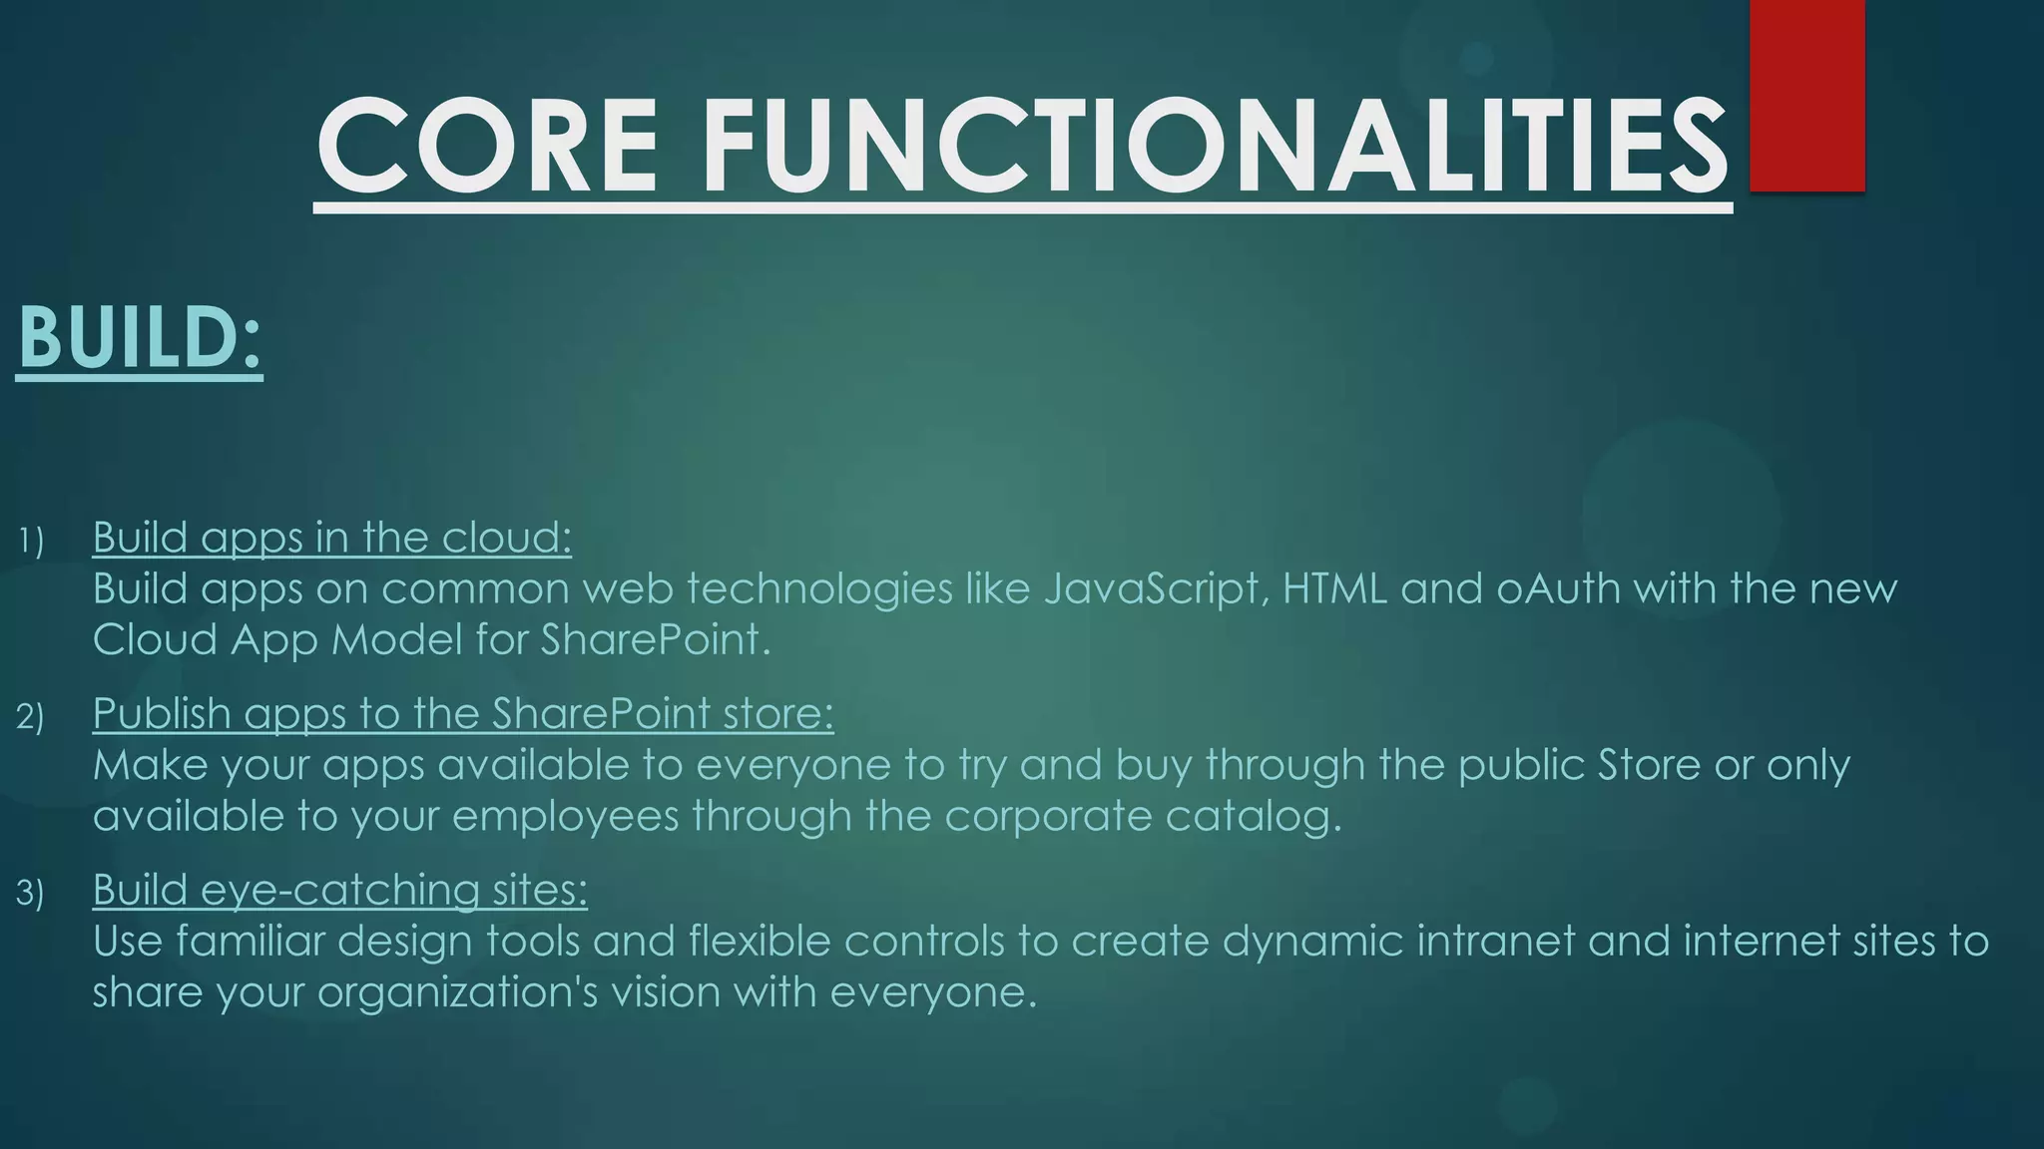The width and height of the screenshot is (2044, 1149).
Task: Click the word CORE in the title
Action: coord(487,146)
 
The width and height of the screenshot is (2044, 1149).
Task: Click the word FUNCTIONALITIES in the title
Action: coord(1215,146)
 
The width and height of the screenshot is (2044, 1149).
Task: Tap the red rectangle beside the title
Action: coord(1806,96)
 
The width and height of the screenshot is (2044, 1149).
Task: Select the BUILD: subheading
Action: coord(140,337)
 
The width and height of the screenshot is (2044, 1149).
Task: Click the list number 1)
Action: coord(31,542)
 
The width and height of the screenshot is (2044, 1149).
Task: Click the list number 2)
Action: coord(31,717)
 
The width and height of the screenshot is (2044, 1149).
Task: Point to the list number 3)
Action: coord(31,893)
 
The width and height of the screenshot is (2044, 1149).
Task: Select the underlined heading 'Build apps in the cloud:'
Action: coord(332,538)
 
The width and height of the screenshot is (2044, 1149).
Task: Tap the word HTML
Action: coord(1334,588)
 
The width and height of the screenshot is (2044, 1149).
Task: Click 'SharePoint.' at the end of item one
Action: coord(656,639)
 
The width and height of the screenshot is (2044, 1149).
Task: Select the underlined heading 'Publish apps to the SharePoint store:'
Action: coord(463,713)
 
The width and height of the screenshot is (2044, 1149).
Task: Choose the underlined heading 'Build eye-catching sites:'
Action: coord(340,889)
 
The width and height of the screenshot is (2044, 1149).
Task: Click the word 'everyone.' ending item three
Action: coord(933,991)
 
